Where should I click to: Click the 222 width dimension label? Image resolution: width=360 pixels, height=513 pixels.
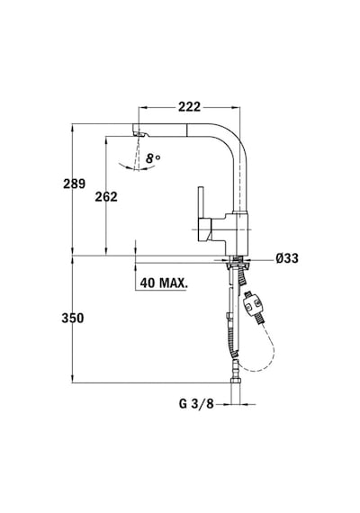click(189, 107)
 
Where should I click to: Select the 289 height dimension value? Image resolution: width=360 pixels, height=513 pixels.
click(75, 184)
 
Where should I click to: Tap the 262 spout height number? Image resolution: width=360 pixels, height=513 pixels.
click(106, 196)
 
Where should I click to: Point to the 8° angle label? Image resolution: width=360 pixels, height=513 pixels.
click(153, 158)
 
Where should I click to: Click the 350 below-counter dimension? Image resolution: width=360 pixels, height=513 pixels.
click(73, 318)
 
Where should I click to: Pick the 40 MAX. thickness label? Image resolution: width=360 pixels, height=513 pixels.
click(164, 283)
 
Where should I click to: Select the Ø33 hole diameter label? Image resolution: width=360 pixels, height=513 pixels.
click(287, 258)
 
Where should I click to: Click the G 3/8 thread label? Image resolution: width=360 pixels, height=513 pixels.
click(196, 404)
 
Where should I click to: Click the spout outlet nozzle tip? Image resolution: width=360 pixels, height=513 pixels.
click(139, 133)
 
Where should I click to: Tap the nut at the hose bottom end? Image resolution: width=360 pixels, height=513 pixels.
click(236, 382)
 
